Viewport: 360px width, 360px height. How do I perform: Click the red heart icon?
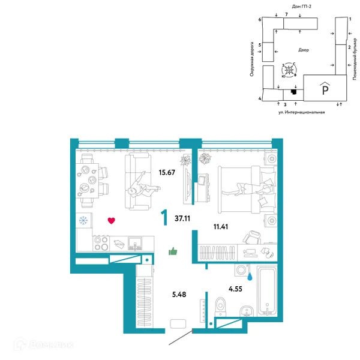click(112, 221)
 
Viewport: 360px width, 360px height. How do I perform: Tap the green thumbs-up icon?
click(173, 251)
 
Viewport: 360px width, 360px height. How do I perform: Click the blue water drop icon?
click(250, 277)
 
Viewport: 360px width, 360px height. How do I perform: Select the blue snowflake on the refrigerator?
click(83, 220)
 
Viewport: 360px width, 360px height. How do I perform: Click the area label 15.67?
click(167, 172)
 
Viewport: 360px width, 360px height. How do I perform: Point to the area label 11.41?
click(221, 227)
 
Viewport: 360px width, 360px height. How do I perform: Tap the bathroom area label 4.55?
click(235, 289)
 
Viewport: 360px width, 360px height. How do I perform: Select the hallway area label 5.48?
click(179, 295)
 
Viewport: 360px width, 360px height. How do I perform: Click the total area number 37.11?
click(182, 218)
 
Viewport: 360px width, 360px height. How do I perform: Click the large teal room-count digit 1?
click(164, 217)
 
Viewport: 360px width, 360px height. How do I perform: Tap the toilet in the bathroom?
click(221, 307)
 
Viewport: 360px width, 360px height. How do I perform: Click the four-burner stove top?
click(101, 243)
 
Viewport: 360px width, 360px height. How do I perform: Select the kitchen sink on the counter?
click(135, 244)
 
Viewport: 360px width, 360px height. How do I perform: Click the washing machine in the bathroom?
click(242, 270)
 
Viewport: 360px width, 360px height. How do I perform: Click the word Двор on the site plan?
click(304, 50)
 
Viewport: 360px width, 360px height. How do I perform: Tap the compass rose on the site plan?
click(289, 70)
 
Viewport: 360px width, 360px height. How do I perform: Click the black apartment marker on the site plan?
click(293, 92)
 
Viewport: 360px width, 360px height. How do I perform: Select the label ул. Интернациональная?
click(301, 112)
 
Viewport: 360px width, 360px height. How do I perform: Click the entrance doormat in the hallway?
click(178, 324)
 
